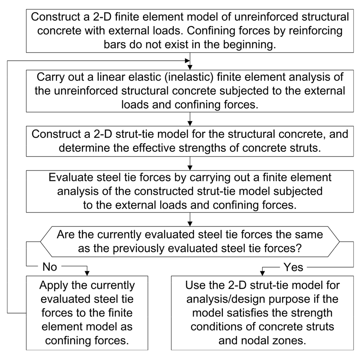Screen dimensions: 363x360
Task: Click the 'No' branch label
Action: click(50, 267)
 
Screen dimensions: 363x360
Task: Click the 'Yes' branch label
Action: click(294, 267)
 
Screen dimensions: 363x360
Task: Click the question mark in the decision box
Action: click(299, 249)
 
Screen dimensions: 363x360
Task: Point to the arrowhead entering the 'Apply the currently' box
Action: click(87, 273)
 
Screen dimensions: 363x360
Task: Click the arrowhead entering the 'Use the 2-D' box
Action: click(262, 273)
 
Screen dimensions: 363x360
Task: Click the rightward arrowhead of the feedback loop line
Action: click(187, 61)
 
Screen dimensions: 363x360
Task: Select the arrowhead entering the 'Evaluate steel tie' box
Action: click(190, 168)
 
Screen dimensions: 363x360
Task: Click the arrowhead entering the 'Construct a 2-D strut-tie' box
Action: click(190, 124)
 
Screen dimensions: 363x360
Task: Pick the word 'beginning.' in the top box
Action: click(250, 45)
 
